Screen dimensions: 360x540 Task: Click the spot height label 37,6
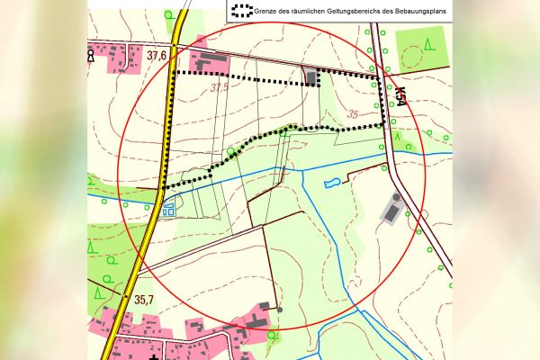point(157,56)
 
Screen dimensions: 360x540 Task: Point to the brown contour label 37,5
point(220,88)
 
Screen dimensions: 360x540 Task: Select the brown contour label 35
point(352,115)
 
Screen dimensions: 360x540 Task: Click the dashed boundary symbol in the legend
point(240,12)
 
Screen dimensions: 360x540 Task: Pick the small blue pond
point(331,184)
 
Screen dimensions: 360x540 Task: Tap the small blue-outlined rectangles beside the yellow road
point(168,211)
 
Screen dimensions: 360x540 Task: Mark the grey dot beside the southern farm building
point(279,310)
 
